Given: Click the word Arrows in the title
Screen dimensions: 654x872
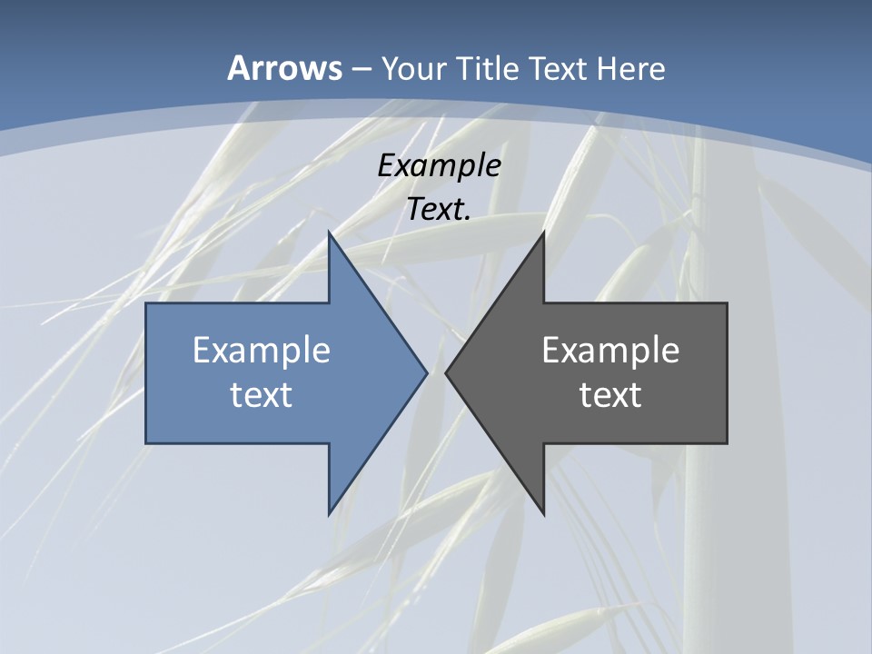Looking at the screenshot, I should (283, 68).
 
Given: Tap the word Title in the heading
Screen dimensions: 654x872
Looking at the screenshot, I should (488, 68).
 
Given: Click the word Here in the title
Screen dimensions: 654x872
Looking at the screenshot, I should (630, 68).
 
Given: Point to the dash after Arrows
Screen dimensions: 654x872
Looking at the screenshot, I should (362, 69).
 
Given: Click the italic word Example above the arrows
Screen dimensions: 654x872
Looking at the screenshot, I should (440, 165).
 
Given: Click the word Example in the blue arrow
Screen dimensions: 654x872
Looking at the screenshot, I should (262, 350).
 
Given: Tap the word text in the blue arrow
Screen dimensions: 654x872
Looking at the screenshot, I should (262, 394).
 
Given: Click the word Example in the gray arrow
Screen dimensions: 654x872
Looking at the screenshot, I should (610, 350).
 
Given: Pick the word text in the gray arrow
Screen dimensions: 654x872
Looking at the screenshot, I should (610, 394).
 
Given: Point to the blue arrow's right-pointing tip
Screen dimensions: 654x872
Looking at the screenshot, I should (426, 372).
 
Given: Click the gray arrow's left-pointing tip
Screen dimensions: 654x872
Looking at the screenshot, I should (446, 372).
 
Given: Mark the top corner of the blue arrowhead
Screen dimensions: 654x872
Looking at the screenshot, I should (329, 233).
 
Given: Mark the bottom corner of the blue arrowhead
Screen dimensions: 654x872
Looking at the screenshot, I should (329, 514).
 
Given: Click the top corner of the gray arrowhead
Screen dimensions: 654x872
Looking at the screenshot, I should (543, 233).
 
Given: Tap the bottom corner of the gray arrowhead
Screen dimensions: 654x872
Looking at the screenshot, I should (543, 514).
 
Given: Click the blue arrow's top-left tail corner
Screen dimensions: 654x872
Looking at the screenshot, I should (146, 303).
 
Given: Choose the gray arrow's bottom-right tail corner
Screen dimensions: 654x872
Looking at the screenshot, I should (727, 443).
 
